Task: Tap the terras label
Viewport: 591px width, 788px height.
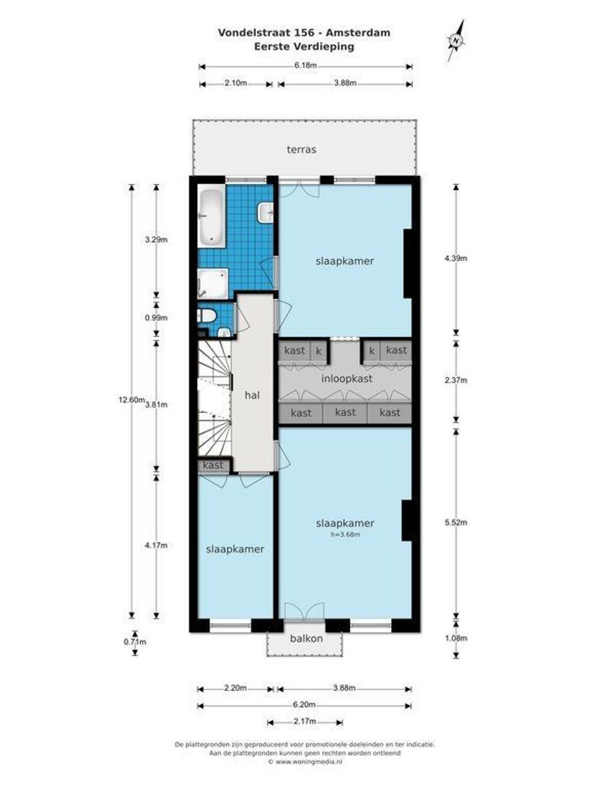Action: [x=301, y=150]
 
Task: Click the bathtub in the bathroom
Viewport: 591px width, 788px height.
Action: [x=211, y=217]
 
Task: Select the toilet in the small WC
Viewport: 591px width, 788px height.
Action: [x=206, y=316]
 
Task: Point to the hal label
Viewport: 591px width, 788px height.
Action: [x=253, y=395]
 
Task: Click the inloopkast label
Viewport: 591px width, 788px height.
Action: [x=346, y=379]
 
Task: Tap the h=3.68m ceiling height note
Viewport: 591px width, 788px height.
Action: [x=345, y=534]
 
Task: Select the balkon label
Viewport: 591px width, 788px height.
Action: [x=306, y=638]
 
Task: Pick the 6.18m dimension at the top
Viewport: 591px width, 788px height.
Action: [x=306, y=66]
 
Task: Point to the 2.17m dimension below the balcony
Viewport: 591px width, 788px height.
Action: [x=304, y=722]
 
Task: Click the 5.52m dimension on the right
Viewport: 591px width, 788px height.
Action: [x=457, y=522]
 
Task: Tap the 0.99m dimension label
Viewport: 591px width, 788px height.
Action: [x=156, y=317]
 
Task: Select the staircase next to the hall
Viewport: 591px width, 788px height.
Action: [x=213, y=398]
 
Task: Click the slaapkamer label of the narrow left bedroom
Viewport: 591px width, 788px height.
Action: [x=234, y=549]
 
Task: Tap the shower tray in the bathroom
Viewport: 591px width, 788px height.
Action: [x=212, y=282]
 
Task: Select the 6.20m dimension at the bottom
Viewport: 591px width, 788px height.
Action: [x=306, y=705]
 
